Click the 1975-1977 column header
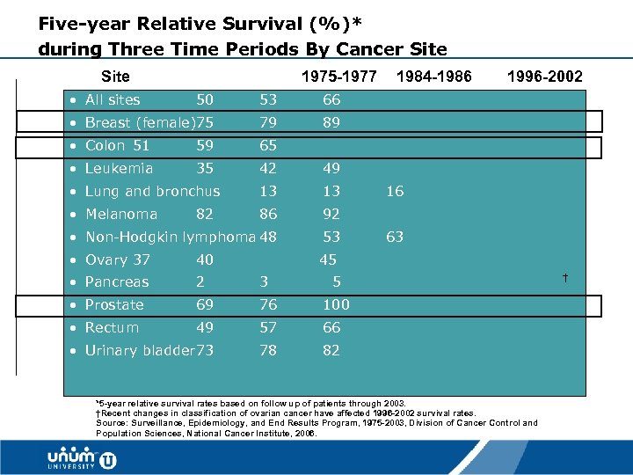338,77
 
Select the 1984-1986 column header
434,77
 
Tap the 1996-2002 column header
544,77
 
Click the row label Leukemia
119,168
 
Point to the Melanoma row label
121,214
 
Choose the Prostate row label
114,304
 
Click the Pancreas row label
117,281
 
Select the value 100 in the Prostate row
336,304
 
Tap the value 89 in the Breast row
331,122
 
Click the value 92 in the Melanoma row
331,214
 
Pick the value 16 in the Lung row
395,191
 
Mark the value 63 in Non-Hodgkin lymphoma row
395,237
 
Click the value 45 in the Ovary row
328,259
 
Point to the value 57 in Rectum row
268,327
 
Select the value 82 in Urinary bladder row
331,350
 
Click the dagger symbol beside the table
565,279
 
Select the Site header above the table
115,77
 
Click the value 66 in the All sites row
331,99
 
